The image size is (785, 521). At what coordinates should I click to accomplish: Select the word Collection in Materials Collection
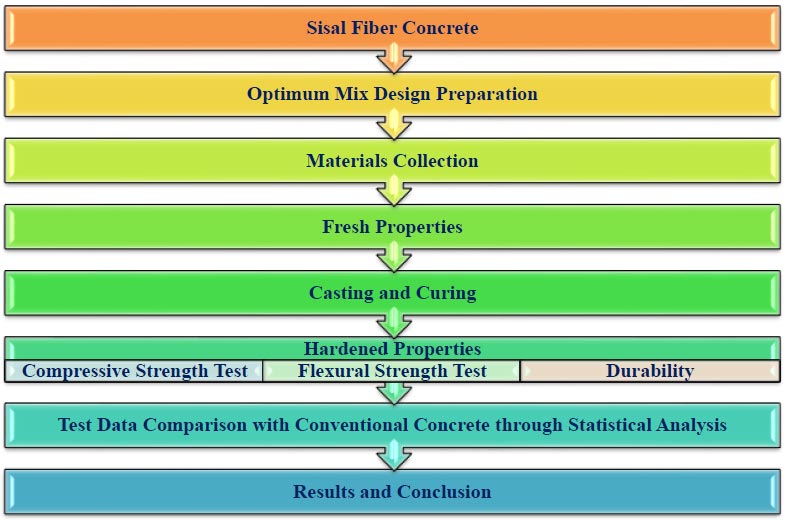click(x=436, y=161)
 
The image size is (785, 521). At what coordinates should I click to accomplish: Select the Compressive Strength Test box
click(x=134, y=371)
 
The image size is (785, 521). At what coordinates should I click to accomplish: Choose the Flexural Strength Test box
click(x=391, y=371)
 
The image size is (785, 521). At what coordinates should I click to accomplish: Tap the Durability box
click(x=650, y=371)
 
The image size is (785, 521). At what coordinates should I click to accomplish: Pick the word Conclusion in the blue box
click(x=444, y=491)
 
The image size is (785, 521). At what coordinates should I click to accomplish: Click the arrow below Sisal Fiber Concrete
click(x=394, y=59)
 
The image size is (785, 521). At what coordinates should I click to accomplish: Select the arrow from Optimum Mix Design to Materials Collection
click(x=394, y=125)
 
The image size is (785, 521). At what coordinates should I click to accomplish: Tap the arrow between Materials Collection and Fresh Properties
click(x=394, y=191)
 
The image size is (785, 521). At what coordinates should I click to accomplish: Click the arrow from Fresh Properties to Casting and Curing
click(x=394, y=257)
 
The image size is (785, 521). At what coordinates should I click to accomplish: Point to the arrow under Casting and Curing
click(x=394, y=323)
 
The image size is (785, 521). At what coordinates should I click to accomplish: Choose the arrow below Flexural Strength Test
click(x=394, y=393)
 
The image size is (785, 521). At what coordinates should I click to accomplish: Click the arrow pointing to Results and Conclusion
click(x=394, y=455)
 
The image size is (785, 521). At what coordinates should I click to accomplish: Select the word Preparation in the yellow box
click(x=487, y=94)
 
